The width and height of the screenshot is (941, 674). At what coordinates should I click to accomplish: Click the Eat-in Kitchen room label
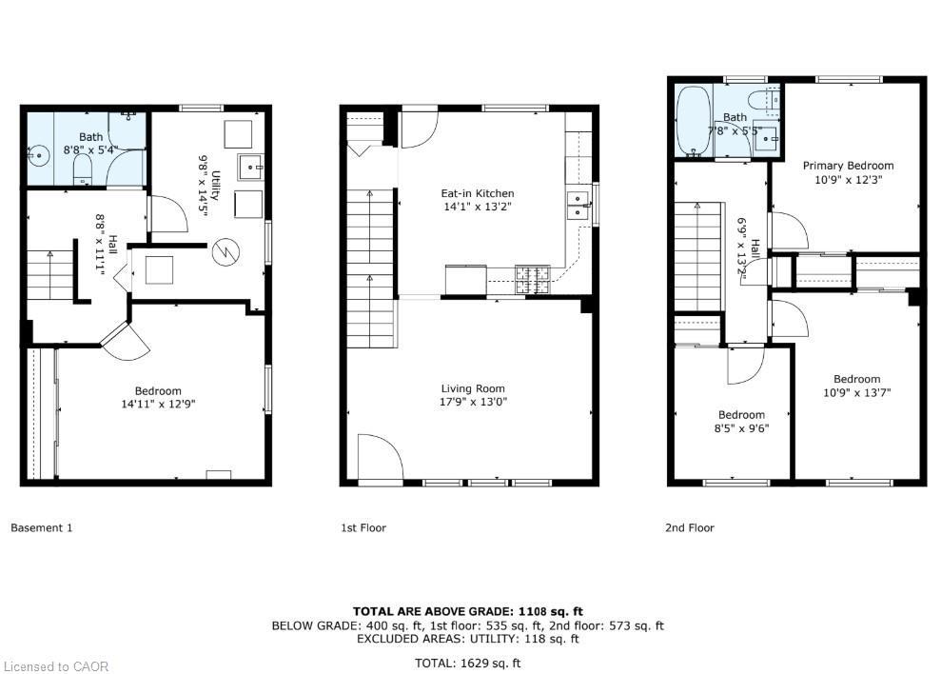478,193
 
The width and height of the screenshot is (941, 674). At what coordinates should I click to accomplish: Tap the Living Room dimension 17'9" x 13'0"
473,402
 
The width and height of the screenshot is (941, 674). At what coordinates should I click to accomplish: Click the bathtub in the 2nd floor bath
692,122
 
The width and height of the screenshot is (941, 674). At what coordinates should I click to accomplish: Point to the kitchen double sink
577,205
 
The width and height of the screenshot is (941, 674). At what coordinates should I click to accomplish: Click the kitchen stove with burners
533,278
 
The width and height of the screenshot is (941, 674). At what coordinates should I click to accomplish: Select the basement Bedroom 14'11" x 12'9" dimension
158,404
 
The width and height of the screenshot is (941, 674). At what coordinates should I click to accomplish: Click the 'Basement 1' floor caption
41,527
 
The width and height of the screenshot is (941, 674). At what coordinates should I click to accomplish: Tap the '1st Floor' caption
363,527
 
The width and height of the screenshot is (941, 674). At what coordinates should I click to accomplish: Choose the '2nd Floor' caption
689,527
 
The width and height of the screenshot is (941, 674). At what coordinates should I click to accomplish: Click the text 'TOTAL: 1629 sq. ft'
467,663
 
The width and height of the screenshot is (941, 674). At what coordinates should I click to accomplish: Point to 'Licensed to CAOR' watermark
56,666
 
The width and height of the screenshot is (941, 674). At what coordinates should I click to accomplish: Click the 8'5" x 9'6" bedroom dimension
741,427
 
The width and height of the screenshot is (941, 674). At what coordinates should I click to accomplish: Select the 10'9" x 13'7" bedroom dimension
856,392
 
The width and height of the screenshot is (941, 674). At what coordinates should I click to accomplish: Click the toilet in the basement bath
82,170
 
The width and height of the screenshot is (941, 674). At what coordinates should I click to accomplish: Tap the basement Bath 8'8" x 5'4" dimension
89,149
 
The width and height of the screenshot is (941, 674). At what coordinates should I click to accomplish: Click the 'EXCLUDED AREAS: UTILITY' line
467,639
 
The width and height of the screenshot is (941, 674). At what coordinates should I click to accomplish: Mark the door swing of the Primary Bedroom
789,230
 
